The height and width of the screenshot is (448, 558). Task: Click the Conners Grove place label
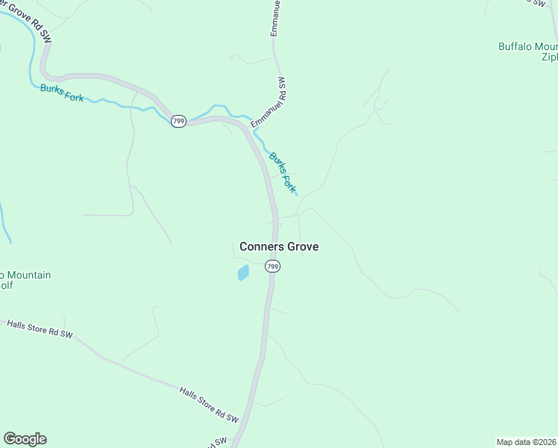pyautogui.click(x=280, y=246)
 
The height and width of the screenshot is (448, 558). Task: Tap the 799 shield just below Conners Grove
pyautogui.click(x=273, y=267)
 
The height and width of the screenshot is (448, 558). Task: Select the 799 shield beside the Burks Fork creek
pyautogui.click(x=178, y=121)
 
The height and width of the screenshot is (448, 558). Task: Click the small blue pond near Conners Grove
pyautogui.click(x=242, y=273)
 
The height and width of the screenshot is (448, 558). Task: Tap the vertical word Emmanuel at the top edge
pyautogui.click(x=275, y=19)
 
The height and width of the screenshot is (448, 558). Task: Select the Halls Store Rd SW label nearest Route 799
pyautogui.click(x=208, y=404)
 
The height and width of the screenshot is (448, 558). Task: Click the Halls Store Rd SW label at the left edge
pyautogui.click(x=40, y=329)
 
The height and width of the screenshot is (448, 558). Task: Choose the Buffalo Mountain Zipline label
pyautogui.click(x=528, y=51)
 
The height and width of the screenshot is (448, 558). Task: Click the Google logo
pyautogui.click(x=25, y=439)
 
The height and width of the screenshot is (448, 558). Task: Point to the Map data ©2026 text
pyautogui.click(x=527, y=441)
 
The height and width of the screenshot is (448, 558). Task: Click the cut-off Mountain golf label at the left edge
pyautogui.click(x=25, y=280)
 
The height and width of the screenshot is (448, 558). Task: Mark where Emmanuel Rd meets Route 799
pyautogui.click(x=243, y=124)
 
